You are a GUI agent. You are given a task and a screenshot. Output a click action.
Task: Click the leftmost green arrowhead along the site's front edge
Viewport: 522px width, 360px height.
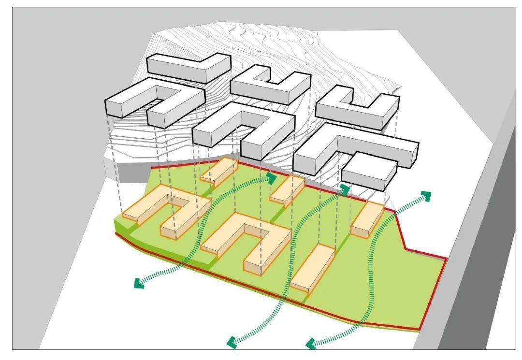(138, 283)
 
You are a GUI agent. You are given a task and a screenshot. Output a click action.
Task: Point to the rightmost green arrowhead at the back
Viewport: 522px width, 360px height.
(425, 195)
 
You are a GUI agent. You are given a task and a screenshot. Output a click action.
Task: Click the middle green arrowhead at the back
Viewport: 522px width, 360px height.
(345, 188)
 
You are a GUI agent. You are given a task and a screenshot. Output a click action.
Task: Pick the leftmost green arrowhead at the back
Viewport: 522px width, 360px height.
(272, 178)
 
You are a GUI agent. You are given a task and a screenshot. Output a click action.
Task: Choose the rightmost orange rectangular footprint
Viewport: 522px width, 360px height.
(367, 218)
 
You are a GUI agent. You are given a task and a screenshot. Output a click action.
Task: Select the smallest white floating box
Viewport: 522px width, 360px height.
(369, 172)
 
